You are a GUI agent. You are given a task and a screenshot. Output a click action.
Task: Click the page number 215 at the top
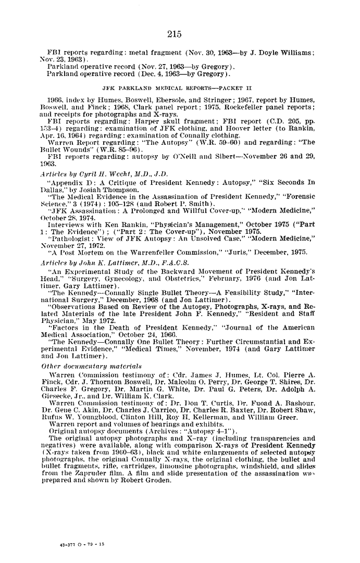pos(175,34)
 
